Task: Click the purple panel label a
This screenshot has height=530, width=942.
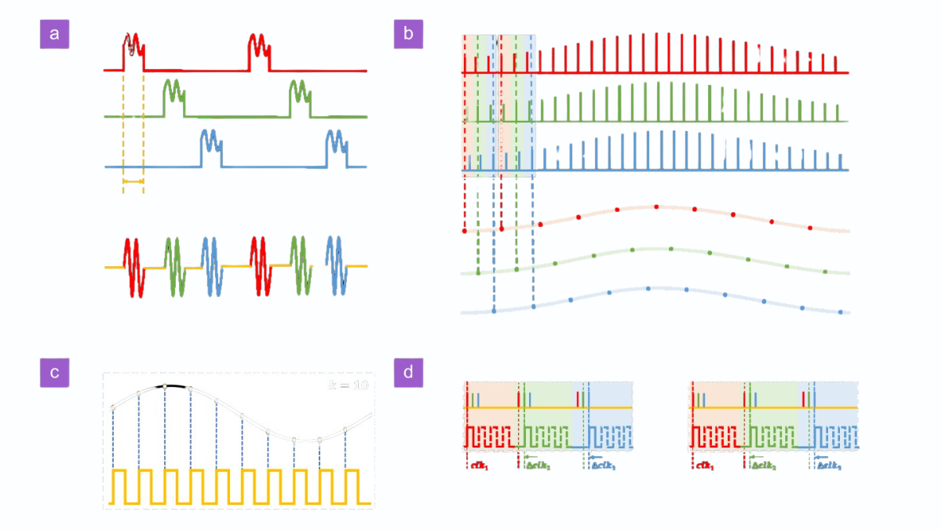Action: point(53,34)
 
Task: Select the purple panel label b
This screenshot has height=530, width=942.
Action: point(408,34)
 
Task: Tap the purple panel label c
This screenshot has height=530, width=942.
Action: point(53,372)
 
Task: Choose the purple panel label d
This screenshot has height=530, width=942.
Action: point(408,372)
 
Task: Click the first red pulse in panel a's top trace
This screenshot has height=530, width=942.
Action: point(133,52)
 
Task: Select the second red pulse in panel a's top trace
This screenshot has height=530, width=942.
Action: point(259,52)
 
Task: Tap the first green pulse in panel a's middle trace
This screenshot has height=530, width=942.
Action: point(173,97)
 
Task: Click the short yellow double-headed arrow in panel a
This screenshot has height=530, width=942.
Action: point(133,182)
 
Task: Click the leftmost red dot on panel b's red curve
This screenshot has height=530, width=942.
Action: point(465,232)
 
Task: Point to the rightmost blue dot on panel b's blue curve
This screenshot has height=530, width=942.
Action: point(841,313)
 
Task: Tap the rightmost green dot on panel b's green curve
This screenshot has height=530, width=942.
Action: point(825,272)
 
